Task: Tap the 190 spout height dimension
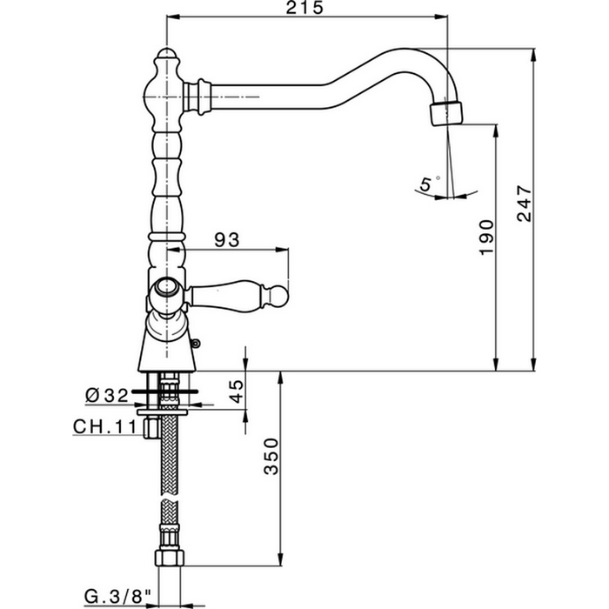(487, 237)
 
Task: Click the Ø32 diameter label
(107, 395)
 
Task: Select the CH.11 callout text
(104, 427)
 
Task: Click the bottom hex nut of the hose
(168, 559)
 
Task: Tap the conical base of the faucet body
(167, 348)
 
